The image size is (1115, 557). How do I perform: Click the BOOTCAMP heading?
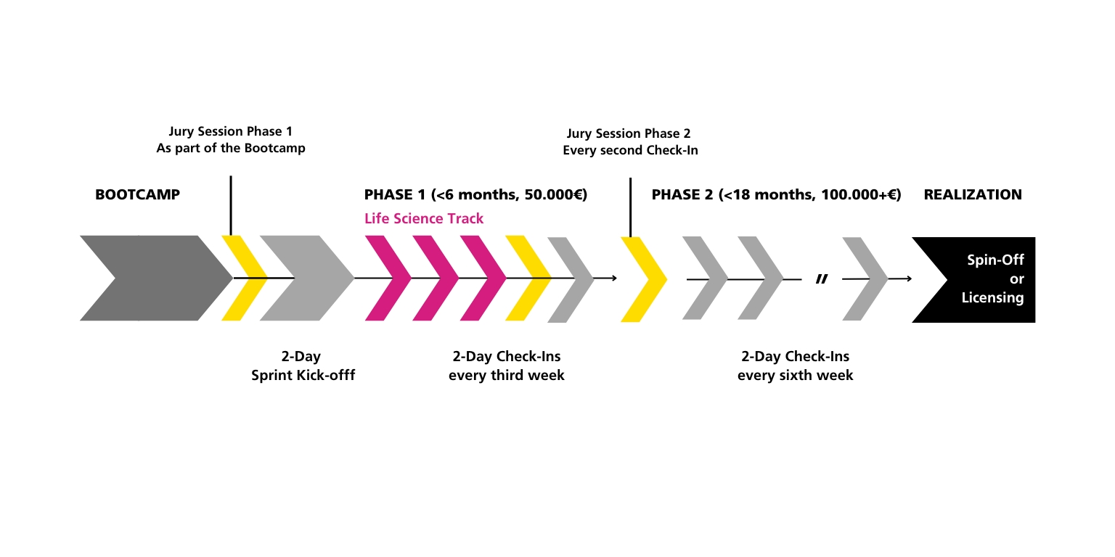point(137,194)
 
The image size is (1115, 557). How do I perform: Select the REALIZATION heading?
point(973,194)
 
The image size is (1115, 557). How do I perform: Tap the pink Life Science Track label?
point(424,218)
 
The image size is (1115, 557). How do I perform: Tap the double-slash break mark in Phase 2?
point(822,279)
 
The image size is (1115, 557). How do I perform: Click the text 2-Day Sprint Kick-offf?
point(303,366)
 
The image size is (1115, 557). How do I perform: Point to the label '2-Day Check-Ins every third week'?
point(506,366)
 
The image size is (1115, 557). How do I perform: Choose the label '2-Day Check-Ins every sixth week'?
point(795,366)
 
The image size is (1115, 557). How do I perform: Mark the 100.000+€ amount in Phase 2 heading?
point(857,194)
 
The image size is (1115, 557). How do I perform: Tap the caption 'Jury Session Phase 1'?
point(230,131)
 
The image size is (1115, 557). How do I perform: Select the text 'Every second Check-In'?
point(630,150)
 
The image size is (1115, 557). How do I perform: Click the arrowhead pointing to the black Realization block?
point(909,279)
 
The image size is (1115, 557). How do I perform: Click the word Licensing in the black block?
point(992,298)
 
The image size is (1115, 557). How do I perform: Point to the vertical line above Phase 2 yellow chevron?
point(630,207)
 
